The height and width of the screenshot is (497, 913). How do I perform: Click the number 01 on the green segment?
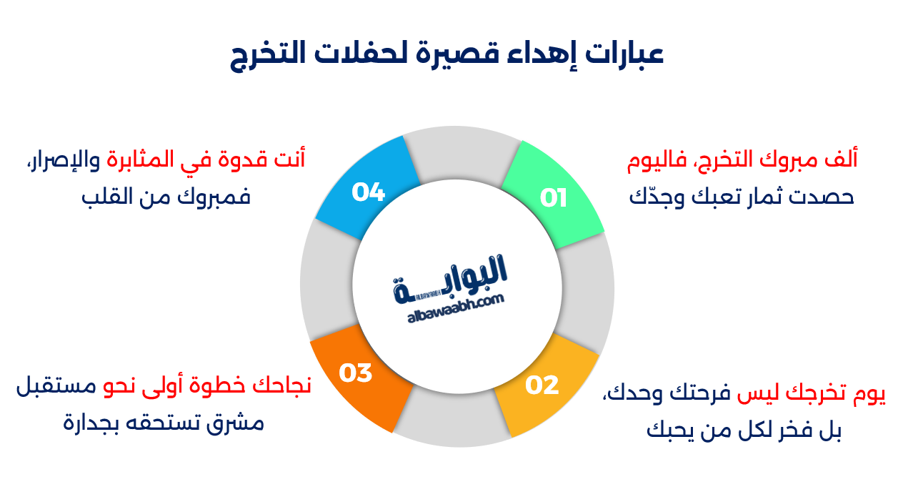553,198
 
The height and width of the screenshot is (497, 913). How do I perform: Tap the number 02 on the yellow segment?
542,385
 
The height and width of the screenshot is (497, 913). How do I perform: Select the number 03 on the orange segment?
355,373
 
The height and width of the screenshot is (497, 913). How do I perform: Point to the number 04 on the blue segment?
369,192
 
